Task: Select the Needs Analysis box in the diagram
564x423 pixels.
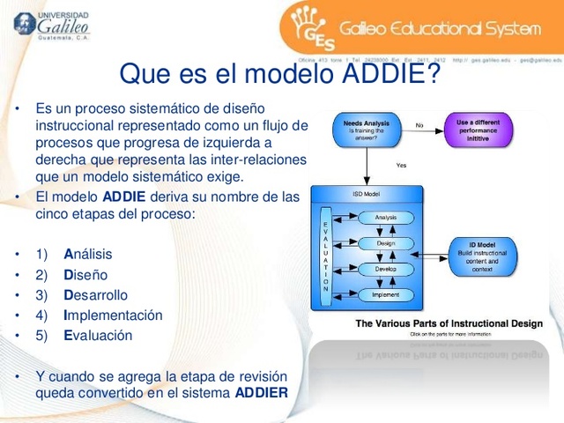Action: pyautogui.click(x=366, y=130)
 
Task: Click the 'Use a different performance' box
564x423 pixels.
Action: pyautogui.click(x=477, y=130)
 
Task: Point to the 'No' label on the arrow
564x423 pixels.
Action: pyautogui.click(x=419, y=125)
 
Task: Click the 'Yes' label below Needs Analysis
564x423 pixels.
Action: pyautogui.click(x=401, y=165)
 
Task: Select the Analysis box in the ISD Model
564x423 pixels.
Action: pyautogui.click(x=385, y=217)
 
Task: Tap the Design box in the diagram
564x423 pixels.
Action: pyautogui.click(x=385, y=242)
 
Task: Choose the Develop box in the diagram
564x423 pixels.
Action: pyautogui.click(x=385, y=269)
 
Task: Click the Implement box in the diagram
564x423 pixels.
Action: pyautogui.click(x=385, y=294)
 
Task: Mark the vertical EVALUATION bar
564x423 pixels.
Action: pyautogui.click(x=325, y=256)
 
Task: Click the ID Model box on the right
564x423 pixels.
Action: pyautogui.click(x=482, y=256)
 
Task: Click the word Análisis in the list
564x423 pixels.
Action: pyautogui.click(x=88, y=254)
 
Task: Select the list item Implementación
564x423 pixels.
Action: pyautogui.click(x=113, y=315)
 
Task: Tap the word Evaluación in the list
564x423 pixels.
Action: pyautogui.click(x=98, y=335)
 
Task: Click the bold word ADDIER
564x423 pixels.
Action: pyautogui.click(x=262, y=392)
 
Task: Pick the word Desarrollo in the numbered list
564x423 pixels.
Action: pyautogui.click(x=95, y=294)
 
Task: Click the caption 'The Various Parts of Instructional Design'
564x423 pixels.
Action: pyautogui.click(x=449, y=323)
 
